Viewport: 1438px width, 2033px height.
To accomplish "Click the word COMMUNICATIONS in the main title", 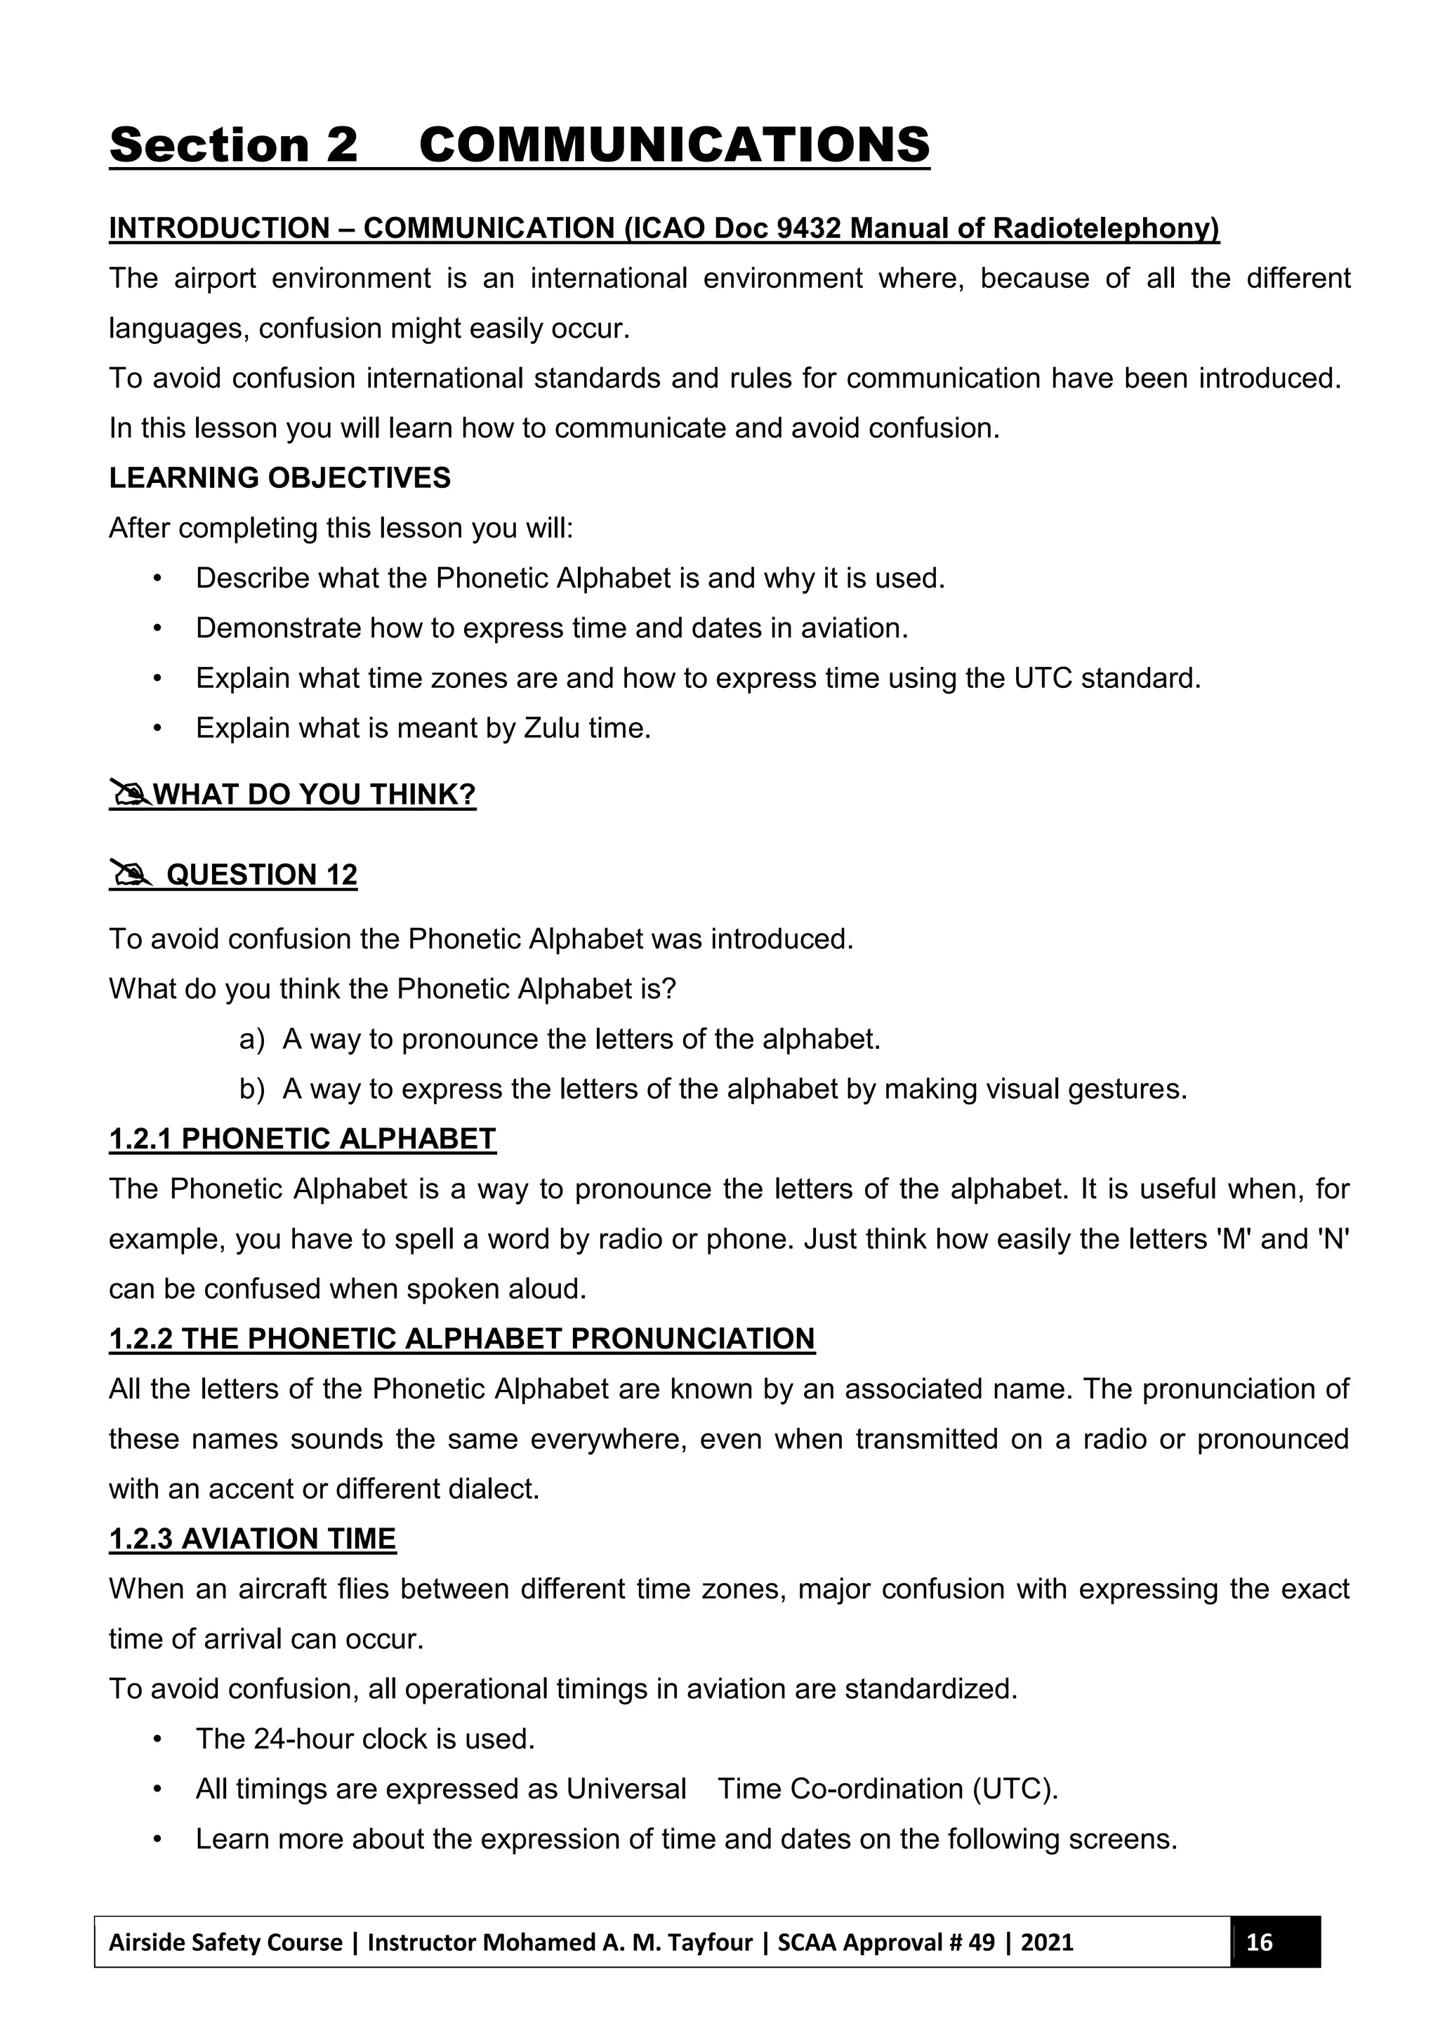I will coord(674,145).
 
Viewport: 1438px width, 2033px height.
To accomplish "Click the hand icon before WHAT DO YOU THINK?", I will coord(129,793).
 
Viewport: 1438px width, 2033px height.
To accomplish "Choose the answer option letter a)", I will coord(251,1039).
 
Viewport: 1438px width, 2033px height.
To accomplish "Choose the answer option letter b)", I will coord(251,1089).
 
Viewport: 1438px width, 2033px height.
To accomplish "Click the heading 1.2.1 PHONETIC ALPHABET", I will coord(302,1139).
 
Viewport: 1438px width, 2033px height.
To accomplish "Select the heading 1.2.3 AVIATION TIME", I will coord(252,1539).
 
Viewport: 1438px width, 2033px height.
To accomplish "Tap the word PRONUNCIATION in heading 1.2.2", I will coord(692,1339).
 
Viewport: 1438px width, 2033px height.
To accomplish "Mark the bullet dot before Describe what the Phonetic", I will coord(157,578).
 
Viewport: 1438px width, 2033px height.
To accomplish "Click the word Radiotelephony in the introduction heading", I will coord(1105,228).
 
